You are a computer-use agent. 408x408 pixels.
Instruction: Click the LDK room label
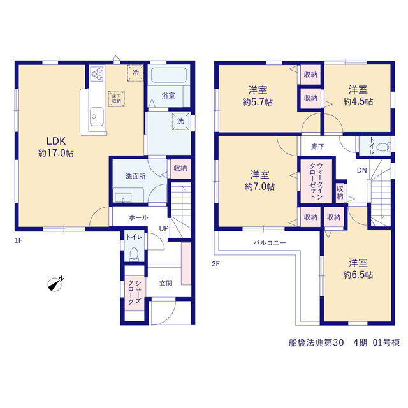click(x=56, y=141)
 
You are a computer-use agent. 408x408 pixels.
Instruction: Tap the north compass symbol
click(x=55, y=284)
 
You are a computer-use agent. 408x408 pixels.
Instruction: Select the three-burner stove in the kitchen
click(x=98, y=74)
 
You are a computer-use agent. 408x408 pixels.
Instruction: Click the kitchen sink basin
click(x=96, y=117)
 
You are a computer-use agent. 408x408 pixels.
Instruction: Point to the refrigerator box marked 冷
click(x=136, y=73)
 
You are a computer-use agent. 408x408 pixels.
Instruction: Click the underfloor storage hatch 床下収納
click(x=116, y=99)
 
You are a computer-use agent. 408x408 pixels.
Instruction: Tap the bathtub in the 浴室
click(x=168, y=75)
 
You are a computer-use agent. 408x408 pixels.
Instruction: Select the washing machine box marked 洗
click(x=180, y=121)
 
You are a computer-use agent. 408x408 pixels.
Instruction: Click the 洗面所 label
click(x=135, y=176)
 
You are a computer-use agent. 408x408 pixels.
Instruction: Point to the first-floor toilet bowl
click(x=134, y=254)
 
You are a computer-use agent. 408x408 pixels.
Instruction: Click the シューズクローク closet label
click(x=135, y=293)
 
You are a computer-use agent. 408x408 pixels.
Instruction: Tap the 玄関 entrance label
click(x=166, y=283)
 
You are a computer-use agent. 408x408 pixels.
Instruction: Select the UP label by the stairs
click(x=164, y=228)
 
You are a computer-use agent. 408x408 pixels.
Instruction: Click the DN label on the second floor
click(x=361, y=170)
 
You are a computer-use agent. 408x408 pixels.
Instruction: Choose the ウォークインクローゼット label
click(x=316, y=181)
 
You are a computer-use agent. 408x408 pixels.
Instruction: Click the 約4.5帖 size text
click(x=358, y=101)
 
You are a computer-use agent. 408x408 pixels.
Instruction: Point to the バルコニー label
click(x=270, y=242)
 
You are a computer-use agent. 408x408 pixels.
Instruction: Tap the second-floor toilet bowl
click(x=383, y=147)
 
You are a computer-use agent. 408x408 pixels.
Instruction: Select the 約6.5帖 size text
click(x=358, y=275)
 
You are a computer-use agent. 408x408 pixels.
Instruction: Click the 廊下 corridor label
click(x=317, y=147)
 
